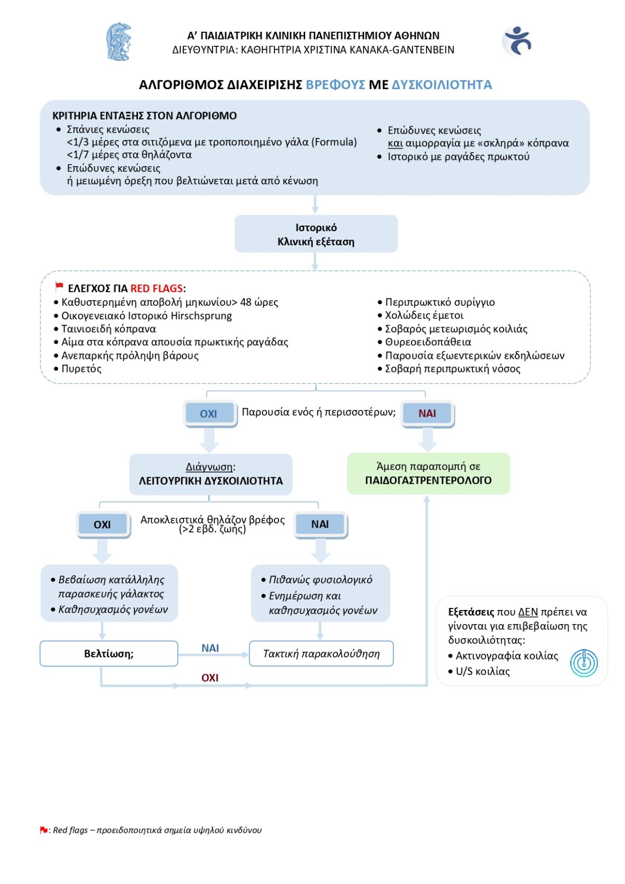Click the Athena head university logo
(118, 42)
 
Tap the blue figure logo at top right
(517, 41)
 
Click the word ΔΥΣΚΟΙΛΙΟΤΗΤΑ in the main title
(442, 85)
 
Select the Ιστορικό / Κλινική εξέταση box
(316, 234)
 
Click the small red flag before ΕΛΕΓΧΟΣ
(59, 287)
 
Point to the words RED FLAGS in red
(156, 289)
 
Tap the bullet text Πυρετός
(81, 369)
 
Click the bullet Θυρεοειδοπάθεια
(428, 342)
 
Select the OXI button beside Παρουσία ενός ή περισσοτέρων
(209, 414)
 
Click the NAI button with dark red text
(427, 414)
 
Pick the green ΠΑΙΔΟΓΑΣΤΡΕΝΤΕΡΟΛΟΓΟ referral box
(428, 474)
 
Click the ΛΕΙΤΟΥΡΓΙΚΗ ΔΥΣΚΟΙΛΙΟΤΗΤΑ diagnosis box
(211, 474)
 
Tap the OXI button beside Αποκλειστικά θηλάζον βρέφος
(102, 525)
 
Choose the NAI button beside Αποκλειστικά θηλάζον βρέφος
(320, 525)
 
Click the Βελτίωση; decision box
(109, 654)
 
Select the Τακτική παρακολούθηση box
(321, 654)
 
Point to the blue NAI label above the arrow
(210, 648)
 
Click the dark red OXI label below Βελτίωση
(210, 678)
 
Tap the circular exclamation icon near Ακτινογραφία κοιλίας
(584, 663)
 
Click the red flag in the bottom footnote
(44, 830)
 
